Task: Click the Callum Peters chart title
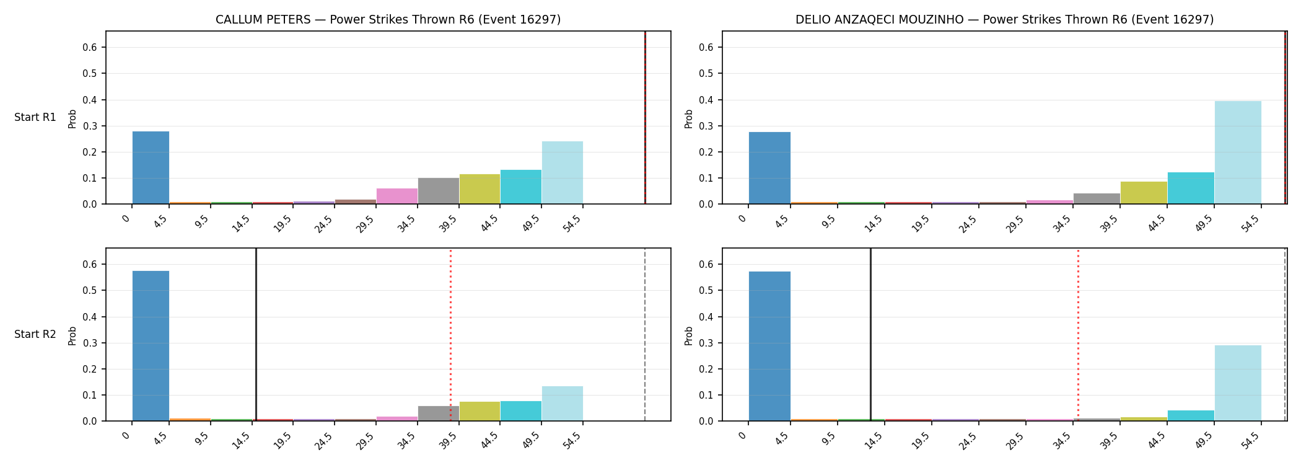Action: (x=388, y=20)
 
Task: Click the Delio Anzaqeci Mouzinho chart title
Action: (x=1004, y=20)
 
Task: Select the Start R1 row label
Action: (x=35, y=118)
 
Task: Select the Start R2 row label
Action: (x=35, y=335)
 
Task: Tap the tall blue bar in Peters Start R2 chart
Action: (x=151, y=346)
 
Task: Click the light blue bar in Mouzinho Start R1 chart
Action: (x=1238, y=153)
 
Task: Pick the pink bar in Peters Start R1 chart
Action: (x=397, y=196)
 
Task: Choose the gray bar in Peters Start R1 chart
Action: (x=439, y=191)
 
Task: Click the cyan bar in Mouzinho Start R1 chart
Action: (x=1191, y=188)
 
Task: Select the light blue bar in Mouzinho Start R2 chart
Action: (x=1238, y=383)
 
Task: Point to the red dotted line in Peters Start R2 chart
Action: (x=450, y=335)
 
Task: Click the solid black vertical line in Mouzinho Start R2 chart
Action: (x=870, y=335)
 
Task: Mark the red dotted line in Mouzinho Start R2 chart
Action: (x=1078, y=335)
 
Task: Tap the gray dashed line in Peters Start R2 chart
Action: (x=645, y=335)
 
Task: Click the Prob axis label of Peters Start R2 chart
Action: (x=72, y=335)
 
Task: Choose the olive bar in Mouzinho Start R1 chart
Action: (x=1144, y=193)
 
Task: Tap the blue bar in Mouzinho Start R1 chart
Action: (x=769, y=168)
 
